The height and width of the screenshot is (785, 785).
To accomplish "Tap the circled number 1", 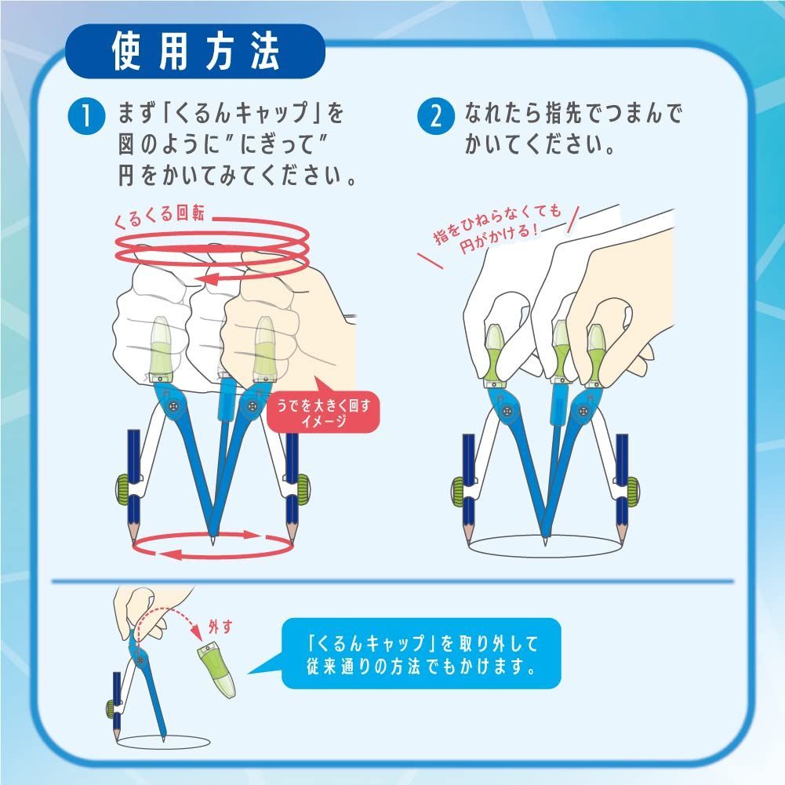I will pos(85,118).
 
